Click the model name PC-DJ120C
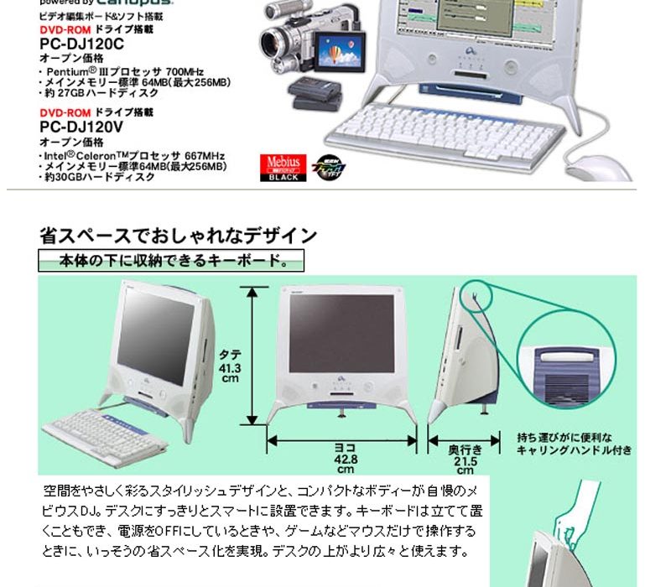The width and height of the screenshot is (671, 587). point(82,44)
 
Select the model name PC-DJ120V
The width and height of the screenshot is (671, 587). point(82,127)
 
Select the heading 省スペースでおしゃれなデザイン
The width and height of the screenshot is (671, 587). point(178,236)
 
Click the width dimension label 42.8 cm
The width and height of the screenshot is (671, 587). point(346,459)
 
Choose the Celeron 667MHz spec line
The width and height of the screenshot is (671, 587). point(134,156)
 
